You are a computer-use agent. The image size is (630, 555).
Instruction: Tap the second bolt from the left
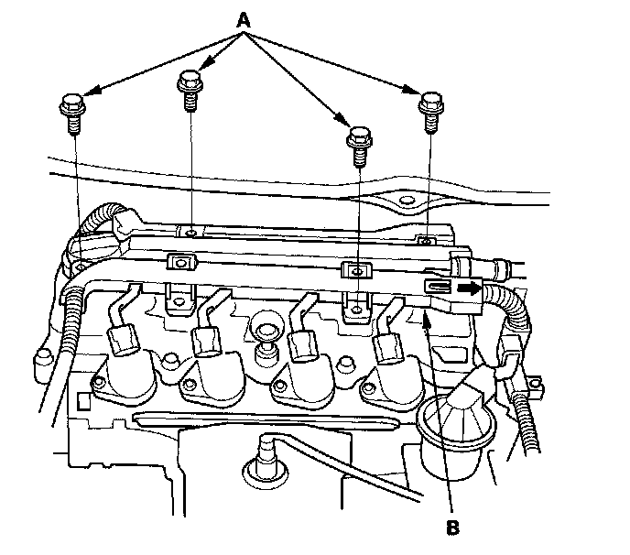tap(190, 90)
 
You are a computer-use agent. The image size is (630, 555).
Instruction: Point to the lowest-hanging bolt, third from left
tap(357, 141)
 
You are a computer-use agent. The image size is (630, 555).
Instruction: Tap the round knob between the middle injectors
tap(266, 333)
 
